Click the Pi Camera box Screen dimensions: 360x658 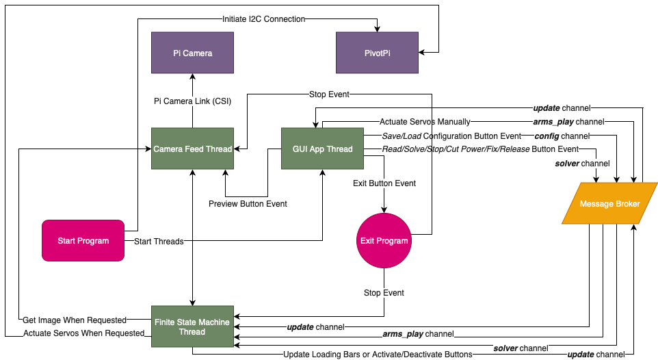[192, 53]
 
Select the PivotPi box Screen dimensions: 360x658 [377, 53]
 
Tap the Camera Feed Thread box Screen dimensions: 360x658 [192, 149]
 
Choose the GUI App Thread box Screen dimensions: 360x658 [322, 149]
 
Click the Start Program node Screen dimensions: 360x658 [83, 240]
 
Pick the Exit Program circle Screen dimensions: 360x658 [384, 240]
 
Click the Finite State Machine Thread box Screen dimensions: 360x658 [192, 326]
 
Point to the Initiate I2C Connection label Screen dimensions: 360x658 [263, 19]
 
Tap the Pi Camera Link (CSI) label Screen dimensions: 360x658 [192, 101]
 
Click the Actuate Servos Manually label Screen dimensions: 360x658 [425, 122]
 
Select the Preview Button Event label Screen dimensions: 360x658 [248, 203]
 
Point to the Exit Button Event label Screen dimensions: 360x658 [384, 183]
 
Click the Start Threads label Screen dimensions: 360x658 [159, 241]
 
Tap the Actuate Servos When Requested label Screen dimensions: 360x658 [83, 333]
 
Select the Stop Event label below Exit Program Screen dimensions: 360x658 [384, 293]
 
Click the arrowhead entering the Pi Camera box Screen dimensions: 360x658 [192, 77]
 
